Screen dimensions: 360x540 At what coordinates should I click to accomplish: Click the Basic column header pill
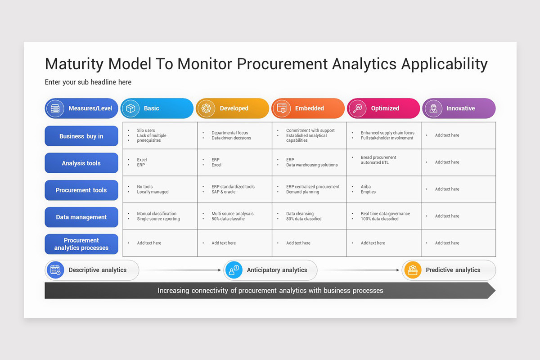pyautogui.click(x=157, y=108)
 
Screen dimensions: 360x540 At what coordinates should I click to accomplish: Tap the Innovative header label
pyautogui.click(x=460, y=108)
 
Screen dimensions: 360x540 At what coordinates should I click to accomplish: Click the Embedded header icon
pyautogui.click(x=282, y=108)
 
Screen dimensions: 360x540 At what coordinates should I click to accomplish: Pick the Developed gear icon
pyautogui.click(x=206, y=108)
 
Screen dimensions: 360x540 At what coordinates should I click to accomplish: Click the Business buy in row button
pyautogui.click(x=81, y=136)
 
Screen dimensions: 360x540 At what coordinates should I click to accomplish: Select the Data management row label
pyautogui.click(x=81, y=217)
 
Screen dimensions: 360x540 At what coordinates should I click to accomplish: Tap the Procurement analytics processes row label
pyautogui.click(x=81, y=244)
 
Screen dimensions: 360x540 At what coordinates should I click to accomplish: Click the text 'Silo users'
pyautogui.click(x=146, y=130)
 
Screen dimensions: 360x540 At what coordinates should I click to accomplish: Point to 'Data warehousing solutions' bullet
pyautogui.click(x=312, y=165)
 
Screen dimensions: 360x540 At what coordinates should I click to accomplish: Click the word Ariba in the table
pyautogui.click(x=365, y=187)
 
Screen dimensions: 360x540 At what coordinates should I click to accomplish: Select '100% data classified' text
pyautogui.click(x=379, y=219)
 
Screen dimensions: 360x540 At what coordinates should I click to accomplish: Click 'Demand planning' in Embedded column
pyautogui.click(x=302, y=192)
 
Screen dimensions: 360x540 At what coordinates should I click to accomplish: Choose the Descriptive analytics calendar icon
pyautogui.click(x=55, y=270)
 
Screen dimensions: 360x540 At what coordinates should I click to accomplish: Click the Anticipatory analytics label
pyautogui.click(x=277, y=270)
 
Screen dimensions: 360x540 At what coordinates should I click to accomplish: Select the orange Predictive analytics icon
pyautogui.click(x=412, y=270)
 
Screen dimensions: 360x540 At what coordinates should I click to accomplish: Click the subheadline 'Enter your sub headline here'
pyautogui.click(x=88, y=82)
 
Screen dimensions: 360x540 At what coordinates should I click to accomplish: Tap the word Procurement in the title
pyautogui.click(x=282, y=64)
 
